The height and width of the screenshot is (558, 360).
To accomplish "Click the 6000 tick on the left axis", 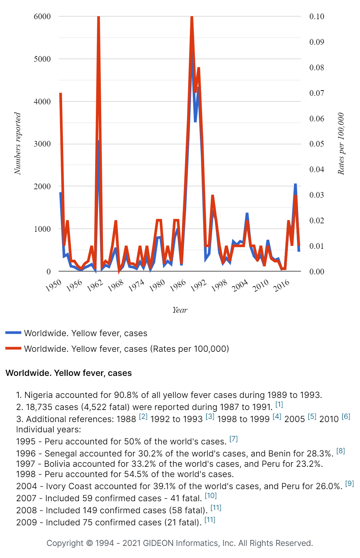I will click(x=42, y=16).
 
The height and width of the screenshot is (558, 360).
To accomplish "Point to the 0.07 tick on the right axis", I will click(x=316, y=93).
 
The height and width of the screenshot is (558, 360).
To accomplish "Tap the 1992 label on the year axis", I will click(x=198, y=285).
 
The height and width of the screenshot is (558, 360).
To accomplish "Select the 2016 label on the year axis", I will click(x=282, y=285).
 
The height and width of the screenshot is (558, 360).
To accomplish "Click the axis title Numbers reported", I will click(x=17, y=143).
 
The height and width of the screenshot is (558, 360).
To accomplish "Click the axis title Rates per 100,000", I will click(x=341, y=143).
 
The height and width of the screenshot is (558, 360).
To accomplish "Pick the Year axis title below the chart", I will click(x=180, y=310).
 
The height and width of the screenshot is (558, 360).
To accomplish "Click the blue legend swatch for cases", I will click(x=13, y=333).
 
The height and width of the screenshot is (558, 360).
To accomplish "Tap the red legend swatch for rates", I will click(x=13, y=349).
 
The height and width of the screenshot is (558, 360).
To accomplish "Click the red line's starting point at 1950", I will click(x=61, y=93).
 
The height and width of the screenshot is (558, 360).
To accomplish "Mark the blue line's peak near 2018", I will click(x=295, y=184).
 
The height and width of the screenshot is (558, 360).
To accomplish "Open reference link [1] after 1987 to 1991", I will click(x=279, y=404).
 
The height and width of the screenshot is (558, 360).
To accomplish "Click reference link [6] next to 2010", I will click(x=346, y=416).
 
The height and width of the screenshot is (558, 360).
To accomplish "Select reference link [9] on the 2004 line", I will click(x=349, y=483).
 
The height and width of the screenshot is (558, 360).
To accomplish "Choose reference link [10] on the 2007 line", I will click(x=211, y=496).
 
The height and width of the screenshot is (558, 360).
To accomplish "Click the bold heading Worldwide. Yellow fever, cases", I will click(x=69, y=373).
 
